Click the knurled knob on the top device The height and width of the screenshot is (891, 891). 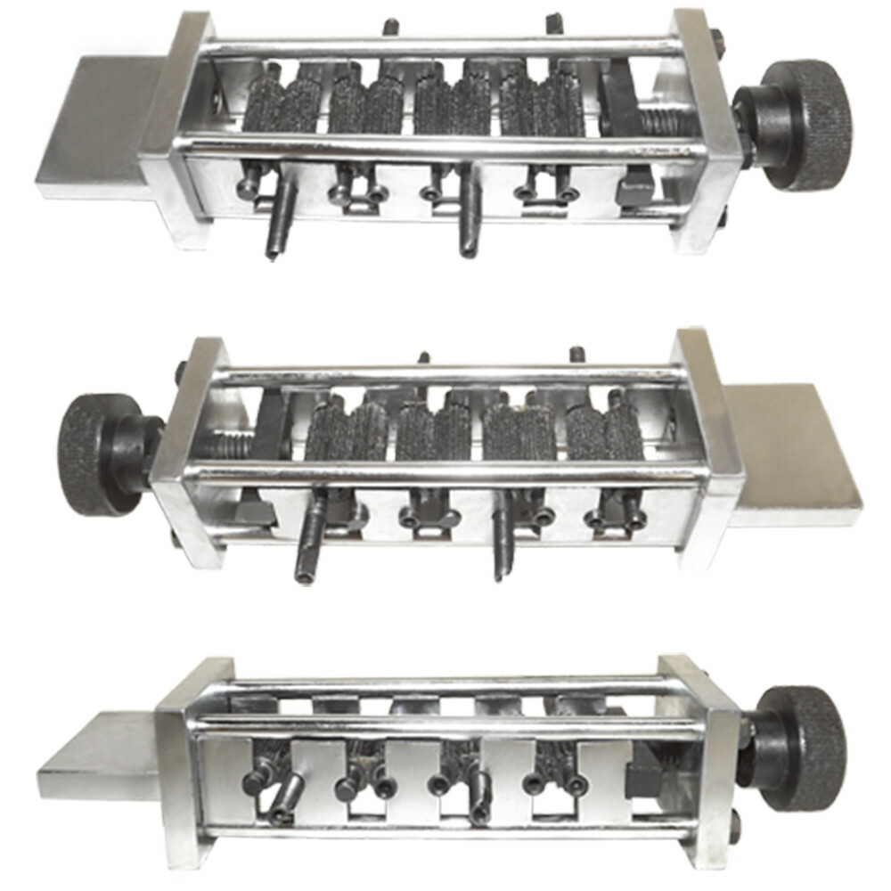tap(807, 125)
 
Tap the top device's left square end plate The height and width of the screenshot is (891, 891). tap(178, 125)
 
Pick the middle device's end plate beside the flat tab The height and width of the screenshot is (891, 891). tap(708, 445)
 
